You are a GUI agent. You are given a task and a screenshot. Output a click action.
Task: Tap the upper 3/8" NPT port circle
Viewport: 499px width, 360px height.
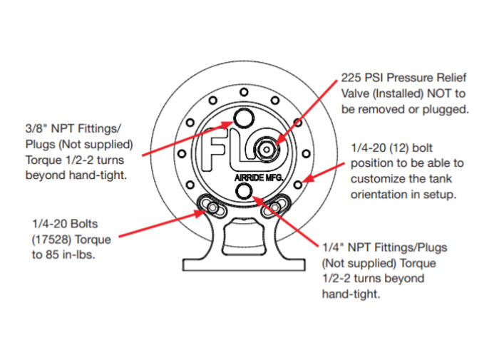(x=244, y=117)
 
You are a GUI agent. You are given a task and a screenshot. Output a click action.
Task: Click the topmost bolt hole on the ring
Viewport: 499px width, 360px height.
(x=244, y=92)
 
